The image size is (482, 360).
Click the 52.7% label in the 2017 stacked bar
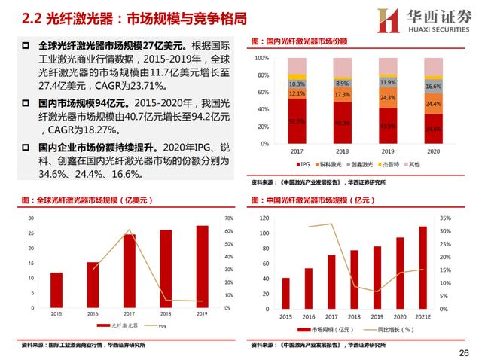click(x=297, y=121)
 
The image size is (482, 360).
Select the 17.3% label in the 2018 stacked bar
click(x=342, y=95)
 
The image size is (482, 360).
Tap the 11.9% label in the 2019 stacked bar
click(x=388, y=82)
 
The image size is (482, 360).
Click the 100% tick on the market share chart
click(x=261, y=57)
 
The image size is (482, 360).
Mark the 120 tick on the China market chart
click(x=264, y=218)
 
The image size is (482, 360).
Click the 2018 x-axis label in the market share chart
click(x=342, y=151)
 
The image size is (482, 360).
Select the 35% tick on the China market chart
click(x=446, y=218)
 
